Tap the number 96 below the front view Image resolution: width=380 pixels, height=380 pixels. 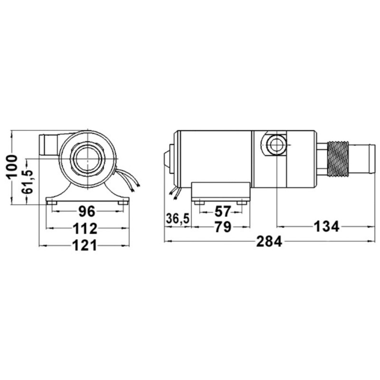coord(87,211)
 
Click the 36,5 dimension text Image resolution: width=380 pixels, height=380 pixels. coord(177,219)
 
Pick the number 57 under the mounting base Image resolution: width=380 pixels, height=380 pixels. coord(222,211)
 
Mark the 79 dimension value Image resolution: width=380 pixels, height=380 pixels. coord(222,227)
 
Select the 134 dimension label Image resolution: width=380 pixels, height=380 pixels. coord(327,227)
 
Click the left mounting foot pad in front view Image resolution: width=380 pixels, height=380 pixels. coord(52,202)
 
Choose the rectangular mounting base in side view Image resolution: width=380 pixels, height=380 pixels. coord(221,191)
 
